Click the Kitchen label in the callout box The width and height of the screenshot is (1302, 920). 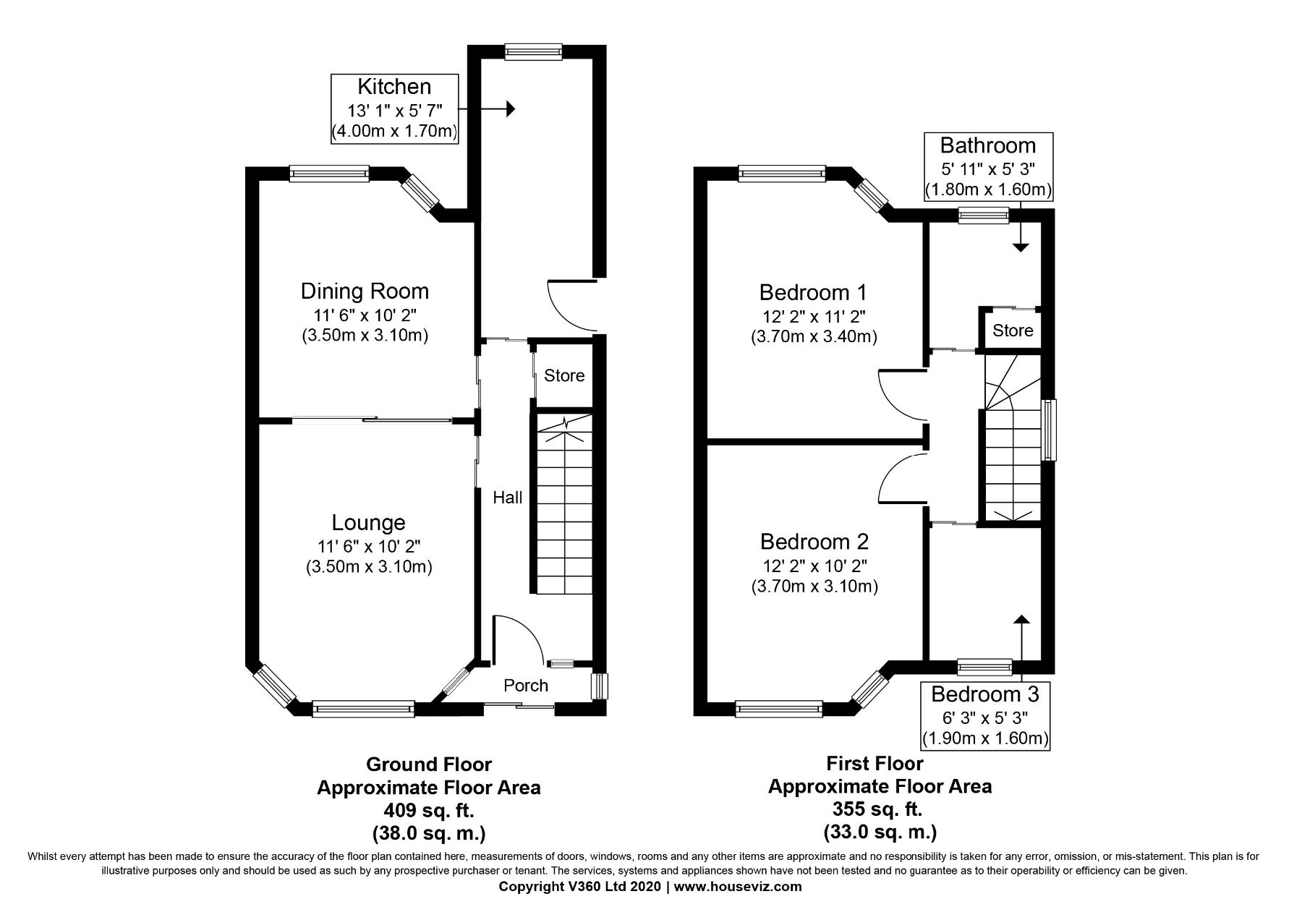(x=394, y=87)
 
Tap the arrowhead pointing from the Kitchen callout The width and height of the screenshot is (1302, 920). (x=510, y=109)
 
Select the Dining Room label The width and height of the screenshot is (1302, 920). (x=365, y=291)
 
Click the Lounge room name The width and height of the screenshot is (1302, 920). (x=368, y=522)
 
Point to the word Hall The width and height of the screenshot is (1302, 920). (x=508, y=498)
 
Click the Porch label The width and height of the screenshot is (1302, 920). (x=526, y=686)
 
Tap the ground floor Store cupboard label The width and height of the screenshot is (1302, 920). (x=564, y=375)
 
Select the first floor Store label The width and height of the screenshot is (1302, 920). (x=1013, y=331)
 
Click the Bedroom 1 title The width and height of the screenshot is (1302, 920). (x=813, y=293)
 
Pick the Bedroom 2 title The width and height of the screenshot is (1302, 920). (x=814, y=542)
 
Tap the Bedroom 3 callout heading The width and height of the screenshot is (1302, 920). (x=985, y=695)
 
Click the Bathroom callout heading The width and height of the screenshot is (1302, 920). (x=988, y=145)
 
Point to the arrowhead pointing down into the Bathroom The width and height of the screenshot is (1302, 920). (x=1020, y=247)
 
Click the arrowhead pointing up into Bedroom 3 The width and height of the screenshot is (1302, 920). (x=1021, y=619)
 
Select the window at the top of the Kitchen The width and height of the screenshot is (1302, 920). (x=533, y=50)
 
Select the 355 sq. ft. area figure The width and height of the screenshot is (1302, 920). (x=880, y=809)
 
